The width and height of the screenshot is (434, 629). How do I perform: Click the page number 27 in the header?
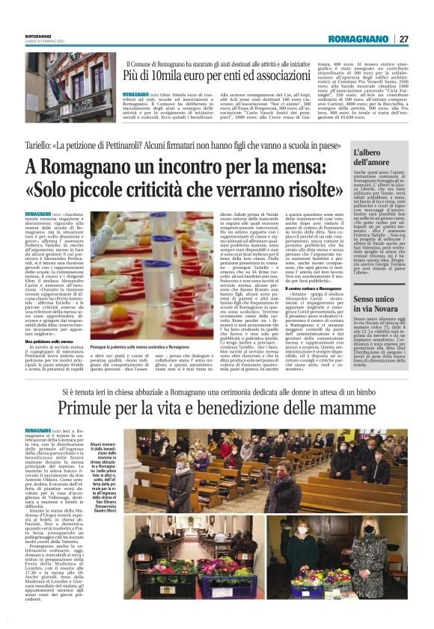click(403, 38)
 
